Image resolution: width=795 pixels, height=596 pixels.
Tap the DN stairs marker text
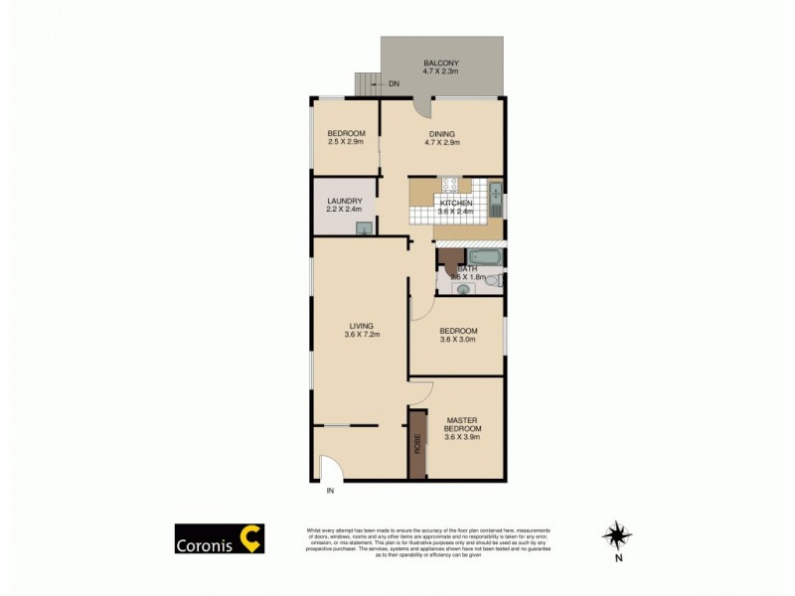pyautogui.click(x=395, y=83)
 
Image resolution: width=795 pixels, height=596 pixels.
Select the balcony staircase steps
pyautogui.click(x=368, y=83)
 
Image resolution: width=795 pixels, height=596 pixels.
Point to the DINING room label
pyautogui.click(x=442, y=134)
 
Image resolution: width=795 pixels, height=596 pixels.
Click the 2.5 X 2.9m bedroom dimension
pyautogui.click(x=347, y=143)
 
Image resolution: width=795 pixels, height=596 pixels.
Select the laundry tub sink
pyautogui.click(x=365, y=229)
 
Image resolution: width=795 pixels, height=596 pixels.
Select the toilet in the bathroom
pyautogui.click(x=495, y=282)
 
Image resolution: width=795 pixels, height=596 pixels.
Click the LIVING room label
pyautogui.click(x=361, y=325)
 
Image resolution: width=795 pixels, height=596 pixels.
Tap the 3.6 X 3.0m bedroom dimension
pyautogui.click(x=459, y=339)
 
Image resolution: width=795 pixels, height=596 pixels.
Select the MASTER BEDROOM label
pyautogui.click(x=463, y=424)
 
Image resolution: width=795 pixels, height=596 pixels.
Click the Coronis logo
pyautogui.click(x=220, y=537)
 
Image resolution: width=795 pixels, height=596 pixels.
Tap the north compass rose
pyautogui.click(x=617, y=535)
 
